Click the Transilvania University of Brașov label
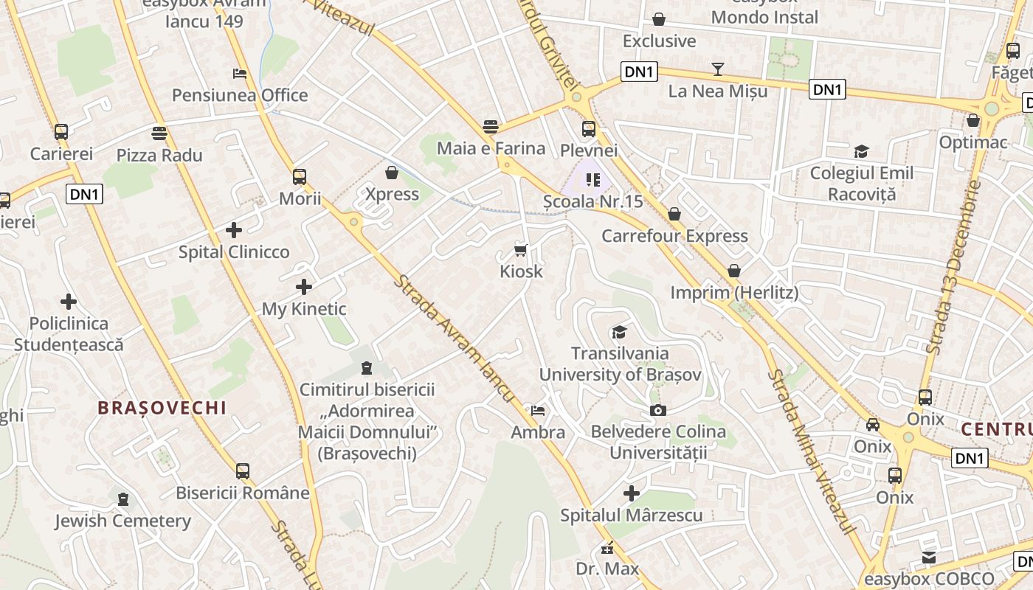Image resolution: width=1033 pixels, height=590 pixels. point(620,364)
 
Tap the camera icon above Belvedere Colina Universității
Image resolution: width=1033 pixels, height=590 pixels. point(657,410)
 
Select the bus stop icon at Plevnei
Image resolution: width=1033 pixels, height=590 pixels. point(589,129)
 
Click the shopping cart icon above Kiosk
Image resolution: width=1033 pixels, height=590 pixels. point(521,250)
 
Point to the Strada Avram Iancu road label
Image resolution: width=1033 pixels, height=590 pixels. point(453,339)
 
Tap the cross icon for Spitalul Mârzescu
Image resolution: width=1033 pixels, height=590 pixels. point(632,493)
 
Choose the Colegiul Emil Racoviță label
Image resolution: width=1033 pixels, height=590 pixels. point(861,184)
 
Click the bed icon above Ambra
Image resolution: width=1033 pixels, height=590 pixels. point(538,411)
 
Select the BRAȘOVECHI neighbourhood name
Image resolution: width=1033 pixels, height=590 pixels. point(162,408)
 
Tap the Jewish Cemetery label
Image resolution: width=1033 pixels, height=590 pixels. point(122,521)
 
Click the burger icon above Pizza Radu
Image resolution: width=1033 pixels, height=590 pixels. point(159,133)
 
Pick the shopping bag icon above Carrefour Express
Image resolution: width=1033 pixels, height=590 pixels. point(674,215)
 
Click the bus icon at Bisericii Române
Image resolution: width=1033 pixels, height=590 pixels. point(243,471)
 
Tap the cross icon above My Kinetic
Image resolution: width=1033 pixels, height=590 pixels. point(304,287)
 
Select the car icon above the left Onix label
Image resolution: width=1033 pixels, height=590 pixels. point(873,425)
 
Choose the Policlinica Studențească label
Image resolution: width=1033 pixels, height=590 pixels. point(69,334)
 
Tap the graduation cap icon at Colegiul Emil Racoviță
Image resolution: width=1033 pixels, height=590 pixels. point(861,152)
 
